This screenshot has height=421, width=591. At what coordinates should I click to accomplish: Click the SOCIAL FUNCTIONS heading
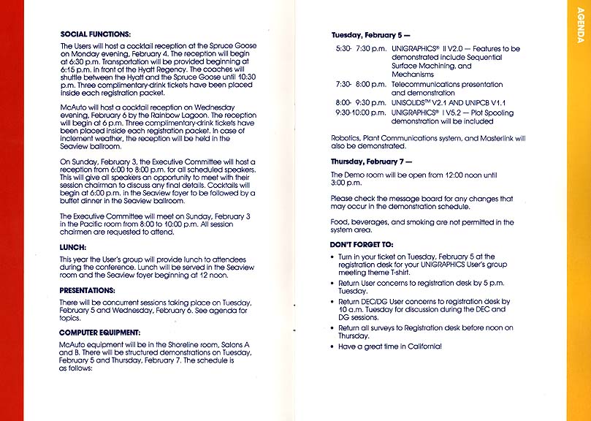pos(96,34)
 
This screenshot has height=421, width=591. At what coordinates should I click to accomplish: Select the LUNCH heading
pos(74,247)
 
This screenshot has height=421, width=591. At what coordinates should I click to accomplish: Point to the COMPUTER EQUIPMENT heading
pos(100,333)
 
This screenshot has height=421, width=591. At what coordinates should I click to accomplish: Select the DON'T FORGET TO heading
pos(362,244)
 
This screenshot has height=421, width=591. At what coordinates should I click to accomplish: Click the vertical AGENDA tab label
pos(580,29)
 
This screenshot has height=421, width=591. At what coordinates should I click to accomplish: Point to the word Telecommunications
pos(427,85)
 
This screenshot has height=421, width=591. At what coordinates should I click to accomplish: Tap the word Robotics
pos(345,138)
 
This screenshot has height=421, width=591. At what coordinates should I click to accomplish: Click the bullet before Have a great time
pos(332,346)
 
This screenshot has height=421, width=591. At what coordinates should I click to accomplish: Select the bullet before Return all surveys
pos(332,328)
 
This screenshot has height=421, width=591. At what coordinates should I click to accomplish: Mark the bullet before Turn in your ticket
pos(332,257)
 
